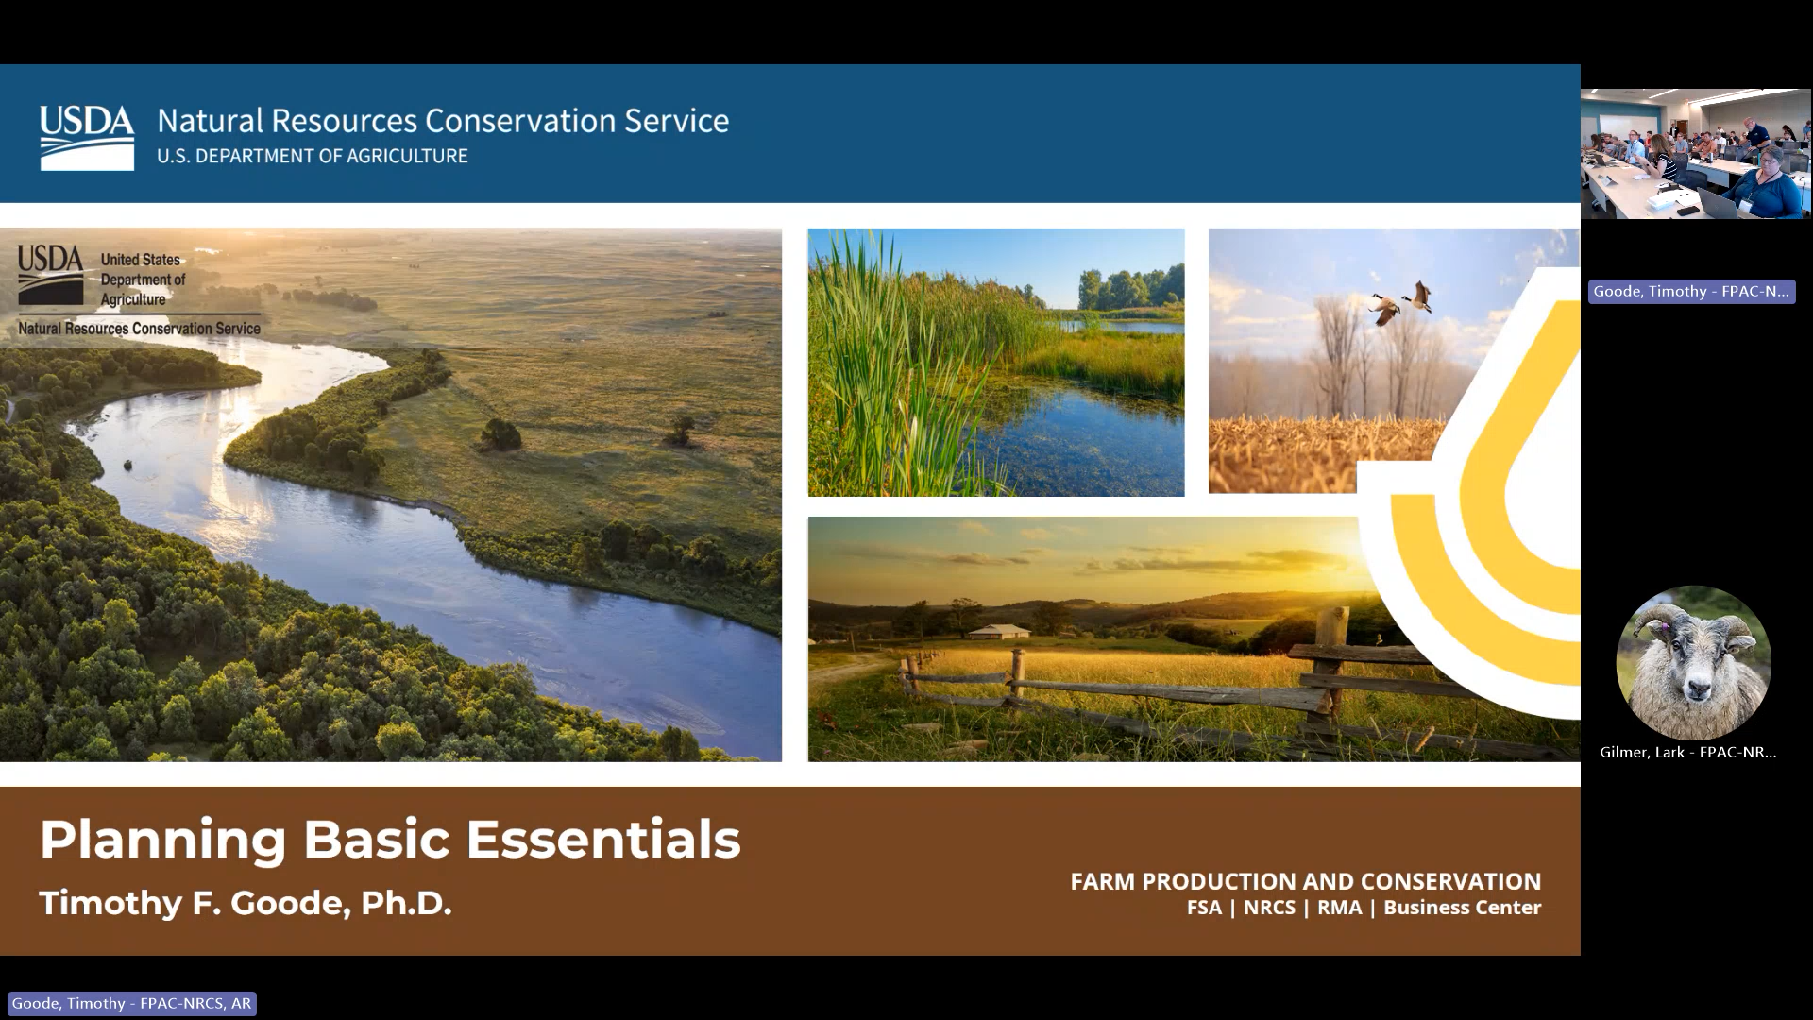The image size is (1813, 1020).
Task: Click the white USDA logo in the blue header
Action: click(87, 138)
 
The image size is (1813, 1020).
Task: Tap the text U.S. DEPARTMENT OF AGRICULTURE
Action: click(312, 156)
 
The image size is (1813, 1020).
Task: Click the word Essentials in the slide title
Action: click(602, 839)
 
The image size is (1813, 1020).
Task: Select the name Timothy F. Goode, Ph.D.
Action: click(246, 903)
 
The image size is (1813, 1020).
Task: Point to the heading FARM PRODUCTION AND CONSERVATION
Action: click(1305, 881)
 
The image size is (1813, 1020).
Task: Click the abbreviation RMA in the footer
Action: click(1339, 908)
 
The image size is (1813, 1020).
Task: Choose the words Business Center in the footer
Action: click(1462, 908)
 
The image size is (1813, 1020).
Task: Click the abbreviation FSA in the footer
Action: click(1204, 908)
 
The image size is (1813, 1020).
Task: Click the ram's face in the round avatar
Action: click(1693, 666)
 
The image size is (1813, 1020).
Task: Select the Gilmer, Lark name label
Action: click(1688, 752)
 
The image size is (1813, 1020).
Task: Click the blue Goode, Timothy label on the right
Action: click(1691, 291)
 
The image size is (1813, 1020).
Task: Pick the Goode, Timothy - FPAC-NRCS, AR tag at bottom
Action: click(131, 1003)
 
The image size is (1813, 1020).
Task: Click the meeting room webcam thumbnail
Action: click(1696, 154)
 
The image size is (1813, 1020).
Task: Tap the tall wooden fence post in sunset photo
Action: click(1331, 661)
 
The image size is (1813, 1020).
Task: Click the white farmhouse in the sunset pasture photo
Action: click(999, 631)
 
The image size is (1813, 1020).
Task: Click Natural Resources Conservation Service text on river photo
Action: click(139, 329)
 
